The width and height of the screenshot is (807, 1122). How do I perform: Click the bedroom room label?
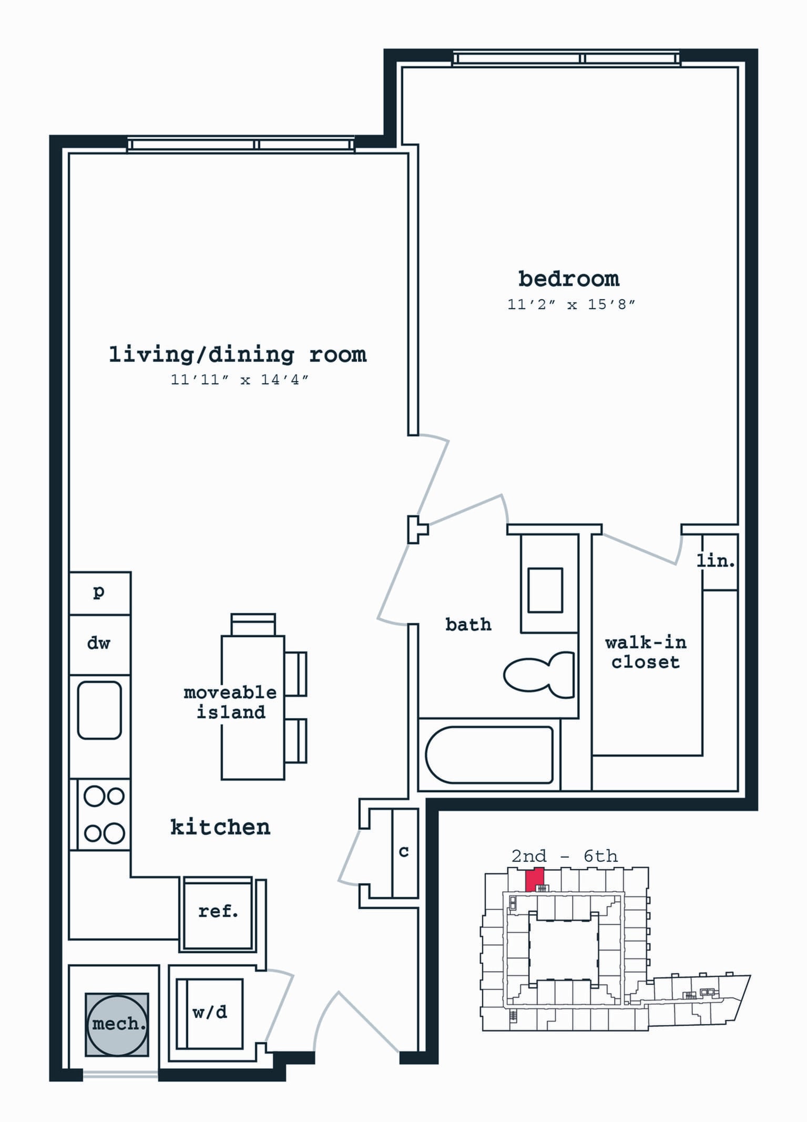tap(569, 279)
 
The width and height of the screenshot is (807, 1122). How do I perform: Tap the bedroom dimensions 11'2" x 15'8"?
tap(571, 304)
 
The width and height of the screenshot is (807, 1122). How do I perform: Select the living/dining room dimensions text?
tap(239, 379)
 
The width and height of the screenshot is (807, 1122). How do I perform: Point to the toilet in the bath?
tap(539, 675)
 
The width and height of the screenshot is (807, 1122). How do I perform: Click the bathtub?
tap(489, 755)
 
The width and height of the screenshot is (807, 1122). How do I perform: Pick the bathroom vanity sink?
tap(545, 590)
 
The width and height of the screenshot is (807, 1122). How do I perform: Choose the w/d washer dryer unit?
tap(210, 1013)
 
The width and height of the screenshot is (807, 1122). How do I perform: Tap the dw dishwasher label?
tap(99, 642)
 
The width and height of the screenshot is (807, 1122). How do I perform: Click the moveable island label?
tap(230, 702)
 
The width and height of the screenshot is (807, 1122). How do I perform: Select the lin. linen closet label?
tap(716, 561)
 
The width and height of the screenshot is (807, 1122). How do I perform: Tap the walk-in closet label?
tap(646, 652)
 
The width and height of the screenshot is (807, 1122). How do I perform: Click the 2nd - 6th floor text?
tap(565, 856)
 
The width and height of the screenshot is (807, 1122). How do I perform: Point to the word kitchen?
tap(220, 827)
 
